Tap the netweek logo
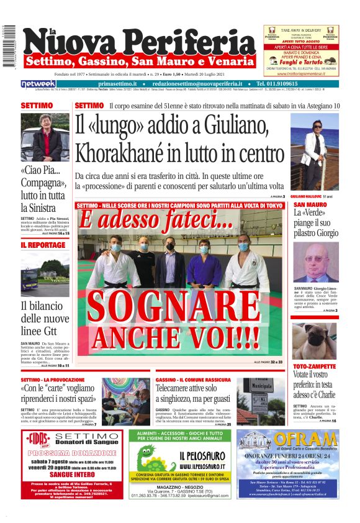[x=38, y=84]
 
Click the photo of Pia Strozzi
[x=45, y=138]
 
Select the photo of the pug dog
[x=315, y=340]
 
